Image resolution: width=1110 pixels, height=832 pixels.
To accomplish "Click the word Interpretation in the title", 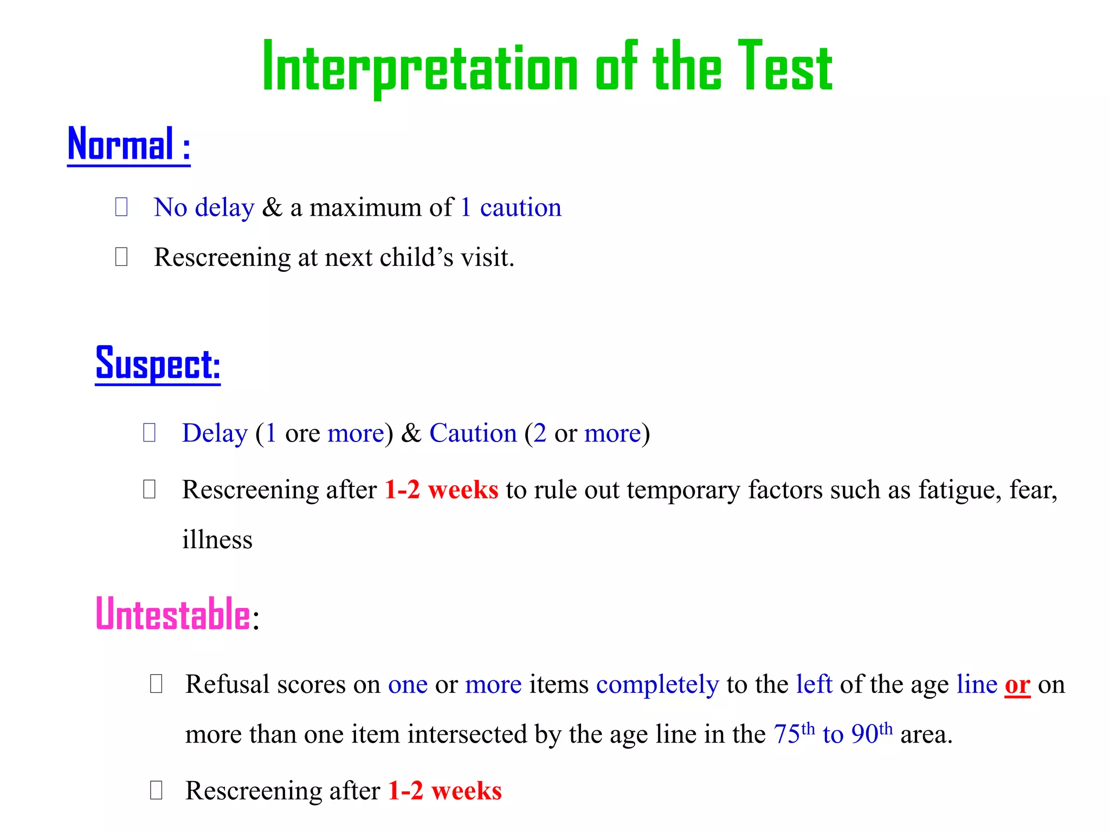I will coord(420,68).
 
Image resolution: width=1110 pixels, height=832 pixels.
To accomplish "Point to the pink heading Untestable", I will coord(173,614).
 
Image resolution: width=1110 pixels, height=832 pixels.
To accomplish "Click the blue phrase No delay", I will coord(204,207).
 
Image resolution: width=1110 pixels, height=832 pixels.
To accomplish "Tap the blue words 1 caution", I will coord(511,207).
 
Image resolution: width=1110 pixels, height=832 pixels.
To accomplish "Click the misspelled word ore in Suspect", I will coord(302,433).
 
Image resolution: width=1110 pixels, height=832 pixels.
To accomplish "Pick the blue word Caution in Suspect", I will coord(473,433).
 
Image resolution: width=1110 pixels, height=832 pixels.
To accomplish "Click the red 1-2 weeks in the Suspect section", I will coord(441,490).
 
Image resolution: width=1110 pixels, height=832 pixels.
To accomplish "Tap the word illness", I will coord(217,540).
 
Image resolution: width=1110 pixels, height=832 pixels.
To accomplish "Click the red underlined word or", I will coord(1017,685).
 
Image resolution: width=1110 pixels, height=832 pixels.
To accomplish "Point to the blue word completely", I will coord(657,685).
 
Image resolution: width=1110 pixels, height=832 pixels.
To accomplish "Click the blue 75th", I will coord(793,734).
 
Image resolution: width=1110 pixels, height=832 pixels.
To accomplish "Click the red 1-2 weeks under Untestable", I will coord(444,791).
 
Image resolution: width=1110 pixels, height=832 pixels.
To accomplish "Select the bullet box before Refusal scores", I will coord(156,684).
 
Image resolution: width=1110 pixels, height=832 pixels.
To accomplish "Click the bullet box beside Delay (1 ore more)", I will coord(150,432).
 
